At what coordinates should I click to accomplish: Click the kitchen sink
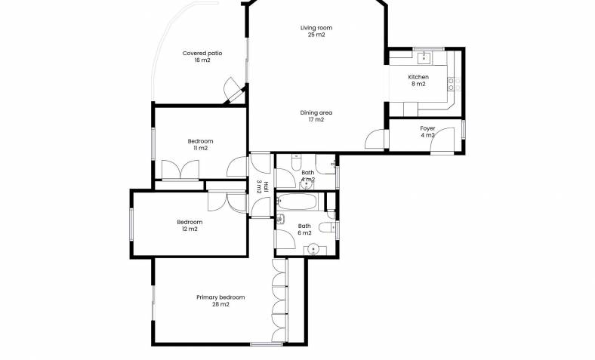coord(424,58)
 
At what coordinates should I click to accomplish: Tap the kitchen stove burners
coord(454,84)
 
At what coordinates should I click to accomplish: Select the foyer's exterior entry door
coord(442,140)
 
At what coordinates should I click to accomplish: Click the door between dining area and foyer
coord(376,139)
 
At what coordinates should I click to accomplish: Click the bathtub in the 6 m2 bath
coord(297,202)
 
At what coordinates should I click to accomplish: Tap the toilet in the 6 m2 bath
coord(326,228)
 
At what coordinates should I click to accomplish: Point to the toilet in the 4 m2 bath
coord(296,162)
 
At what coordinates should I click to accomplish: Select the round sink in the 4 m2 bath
coord(307,185)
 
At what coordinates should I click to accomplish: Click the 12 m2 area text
coord(190,229)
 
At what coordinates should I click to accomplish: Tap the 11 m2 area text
coord(200,149)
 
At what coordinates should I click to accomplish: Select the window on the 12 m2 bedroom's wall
coord(131,224)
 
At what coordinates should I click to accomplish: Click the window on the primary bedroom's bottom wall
coord(267,344)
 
